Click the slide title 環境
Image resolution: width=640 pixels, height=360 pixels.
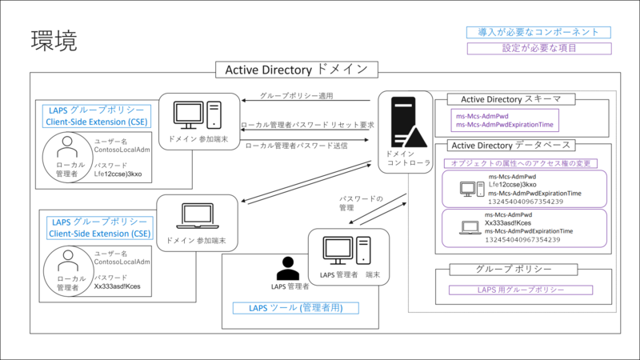[54, 42]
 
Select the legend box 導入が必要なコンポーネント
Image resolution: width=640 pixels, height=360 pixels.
[538, 33]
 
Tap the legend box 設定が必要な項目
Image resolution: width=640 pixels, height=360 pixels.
[538, 48]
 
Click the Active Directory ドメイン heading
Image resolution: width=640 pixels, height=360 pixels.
[296, 70]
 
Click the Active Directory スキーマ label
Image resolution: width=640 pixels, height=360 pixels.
[505, 99]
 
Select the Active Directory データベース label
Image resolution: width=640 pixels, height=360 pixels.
[511, 145]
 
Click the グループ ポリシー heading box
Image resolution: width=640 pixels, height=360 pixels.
[513, 270]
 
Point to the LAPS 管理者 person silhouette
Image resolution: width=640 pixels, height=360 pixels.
[288, 268]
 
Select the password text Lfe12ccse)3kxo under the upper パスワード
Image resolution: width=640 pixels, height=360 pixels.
[118, 172]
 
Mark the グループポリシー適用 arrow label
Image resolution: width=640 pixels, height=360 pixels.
[296, 96]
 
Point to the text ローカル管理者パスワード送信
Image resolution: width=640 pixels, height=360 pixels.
[297, 146]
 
